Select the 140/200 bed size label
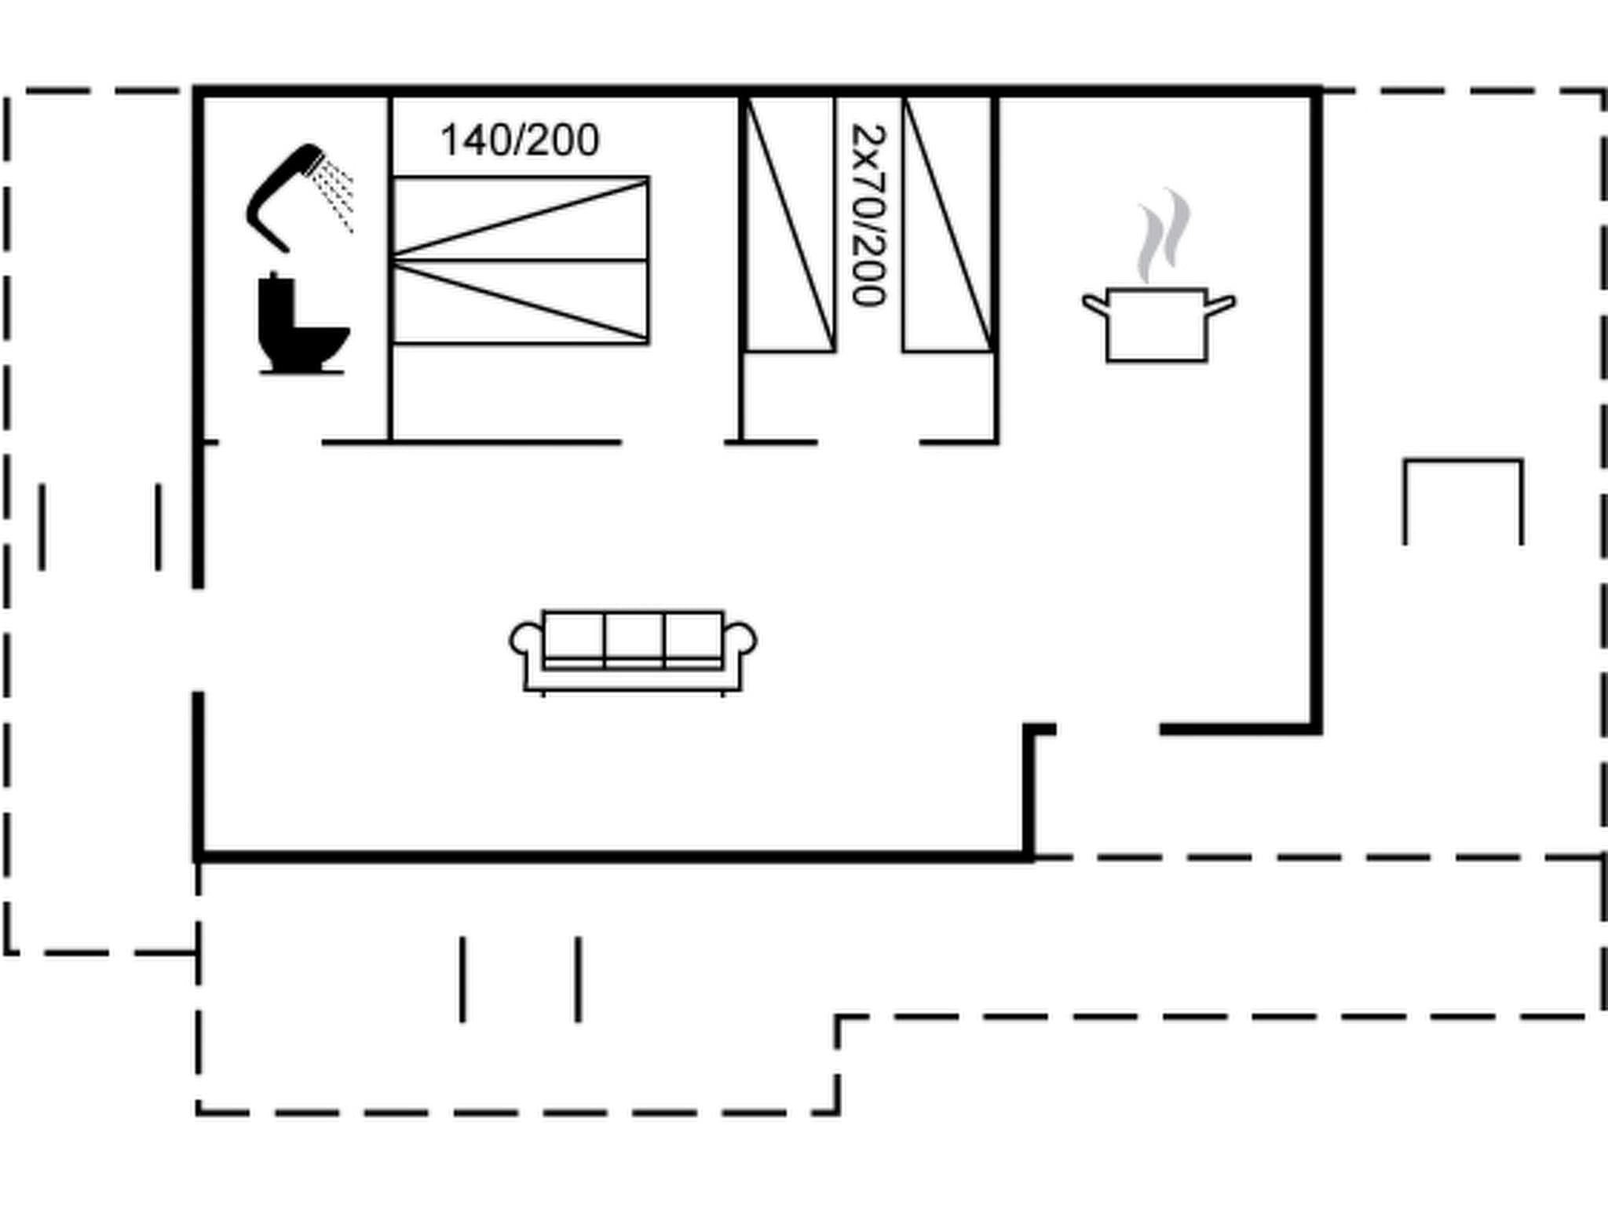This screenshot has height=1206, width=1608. tap(520, 141)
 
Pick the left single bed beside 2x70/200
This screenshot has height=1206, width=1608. tap(789, 225)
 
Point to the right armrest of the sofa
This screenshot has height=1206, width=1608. tap(740, 640)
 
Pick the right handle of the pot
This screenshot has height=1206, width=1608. tap(1219, 303)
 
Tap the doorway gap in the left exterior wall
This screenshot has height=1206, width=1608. tap(199, 639)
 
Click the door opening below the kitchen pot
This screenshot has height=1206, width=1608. tap(1108, 730)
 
